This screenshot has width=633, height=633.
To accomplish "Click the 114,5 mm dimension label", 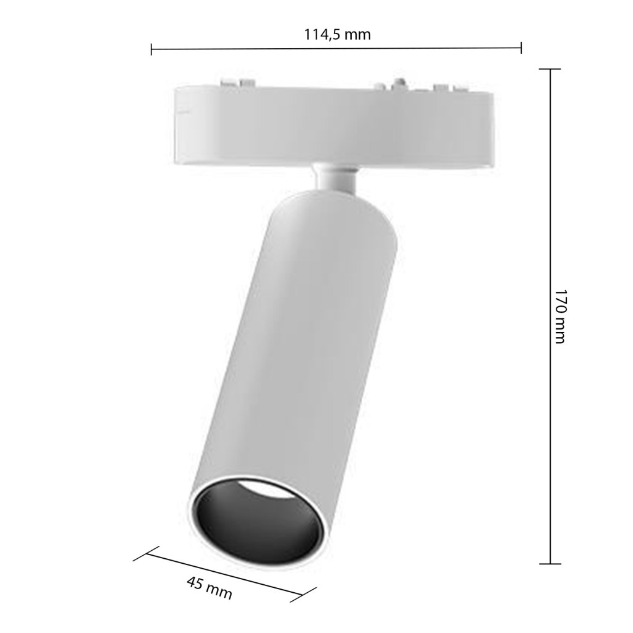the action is (337, 35).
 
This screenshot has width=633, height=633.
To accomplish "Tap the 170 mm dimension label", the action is (560, 316).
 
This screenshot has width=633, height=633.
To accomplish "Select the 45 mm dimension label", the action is (210, 587).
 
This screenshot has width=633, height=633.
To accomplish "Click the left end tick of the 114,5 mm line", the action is (151, 49).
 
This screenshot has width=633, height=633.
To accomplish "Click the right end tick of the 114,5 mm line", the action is (520, 48).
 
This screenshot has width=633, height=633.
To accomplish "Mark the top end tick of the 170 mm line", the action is (550, 69).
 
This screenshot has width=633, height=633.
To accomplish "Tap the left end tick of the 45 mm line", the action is (146, 553).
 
